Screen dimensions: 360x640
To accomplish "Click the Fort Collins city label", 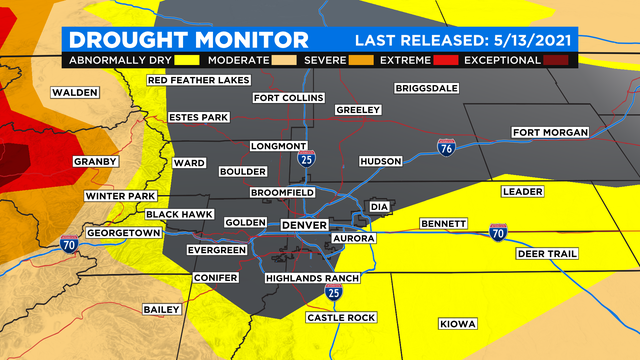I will click(x=288, y=98).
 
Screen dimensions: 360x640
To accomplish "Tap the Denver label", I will click(x=305, y=226).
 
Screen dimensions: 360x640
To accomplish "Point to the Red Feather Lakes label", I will click(x=197, y=79).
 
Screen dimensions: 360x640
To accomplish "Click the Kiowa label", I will click(x=458, y=323).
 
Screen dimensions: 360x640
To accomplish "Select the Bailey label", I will click(x=160, y=308).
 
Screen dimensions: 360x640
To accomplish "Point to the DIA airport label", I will click(x=379, y=207).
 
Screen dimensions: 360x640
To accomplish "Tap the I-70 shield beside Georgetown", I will click(x=67, y=243).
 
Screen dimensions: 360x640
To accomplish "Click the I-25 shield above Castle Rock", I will click(x=333, y=292).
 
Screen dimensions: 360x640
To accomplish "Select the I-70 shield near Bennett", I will click(x=497, y=232).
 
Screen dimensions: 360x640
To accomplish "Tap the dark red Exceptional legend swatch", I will click(x=555, y=60).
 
